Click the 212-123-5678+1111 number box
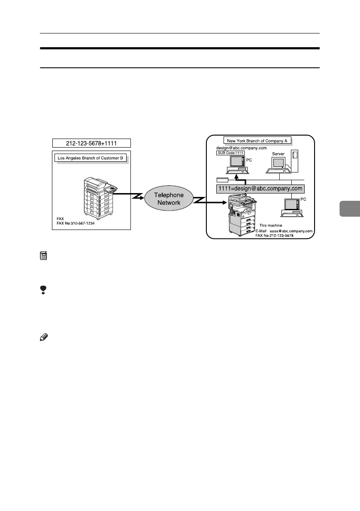click(x=91, y=143)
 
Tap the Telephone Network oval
click(x=169, y=199)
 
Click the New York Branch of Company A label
click(x=258, y=141)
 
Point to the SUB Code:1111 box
click(x=230, y=153)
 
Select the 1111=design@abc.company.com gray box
click(x=260, y=188)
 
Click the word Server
click(x=278, y=153)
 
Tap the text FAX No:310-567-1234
click(x=76, y=224)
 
